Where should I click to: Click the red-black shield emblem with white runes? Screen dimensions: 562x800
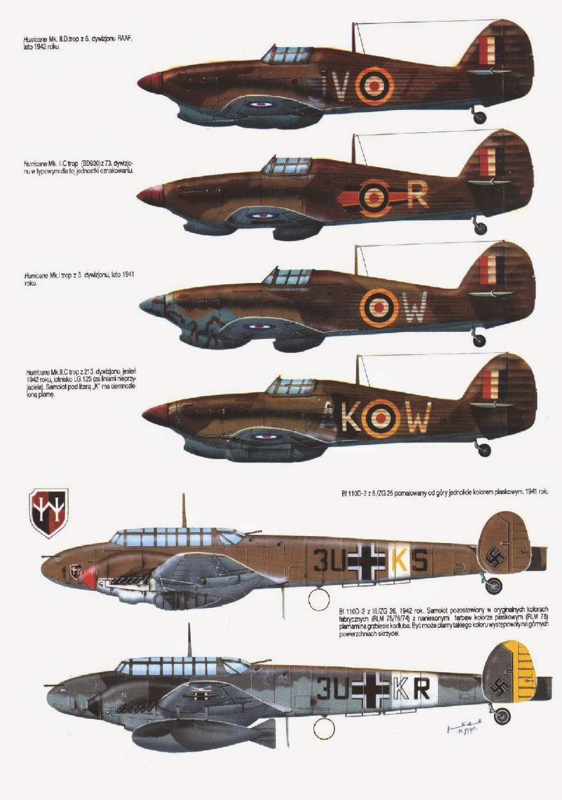point(49,513)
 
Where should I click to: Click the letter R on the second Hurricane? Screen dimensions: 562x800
point(417,197)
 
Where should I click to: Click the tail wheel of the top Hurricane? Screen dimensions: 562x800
point(479,117)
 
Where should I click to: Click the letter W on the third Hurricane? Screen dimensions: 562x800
point(414,311)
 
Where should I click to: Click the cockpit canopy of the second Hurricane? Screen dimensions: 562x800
point(287,165)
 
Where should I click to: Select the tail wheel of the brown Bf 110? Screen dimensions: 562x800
point(493,586)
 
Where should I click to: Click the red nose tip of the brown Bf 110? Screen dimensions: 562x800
point(88,576)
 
